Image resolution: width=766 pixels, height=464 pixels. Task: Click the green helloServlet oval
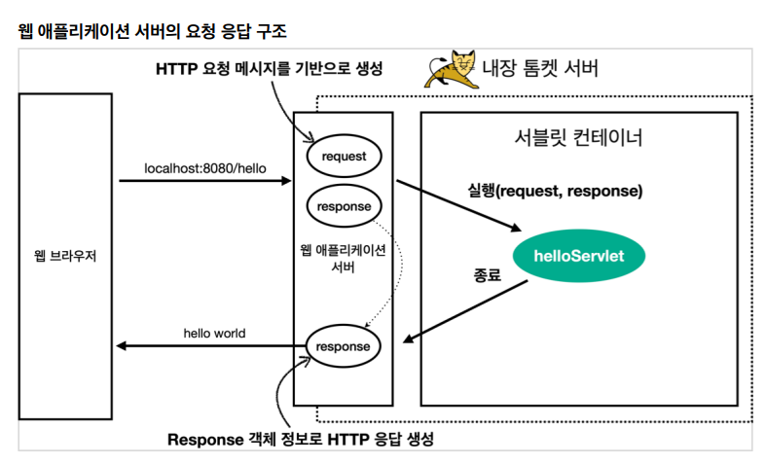[578, 256]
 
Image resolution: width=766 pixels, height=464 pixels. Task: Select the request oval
[344, 155]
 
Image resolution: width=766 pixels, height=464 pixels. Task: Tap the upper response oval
[344, 206]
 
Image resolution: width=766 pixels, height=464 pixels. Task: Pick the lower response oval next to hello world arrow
[343, 345]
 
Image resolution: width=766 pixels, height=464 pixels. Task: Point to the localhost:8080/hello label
[204, 165]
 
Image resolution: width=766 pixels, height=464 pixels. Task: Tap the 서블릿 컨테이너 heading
[578, 137]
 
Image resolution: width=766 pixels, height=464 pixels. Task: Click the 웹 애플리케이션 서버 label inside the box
[344, 258]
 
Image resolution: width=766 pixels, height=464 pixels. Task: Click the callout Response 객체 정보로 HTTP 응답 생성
[300, 439]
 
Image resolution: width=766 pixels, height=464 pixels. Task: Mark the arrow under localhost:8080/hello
[204, 180]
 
